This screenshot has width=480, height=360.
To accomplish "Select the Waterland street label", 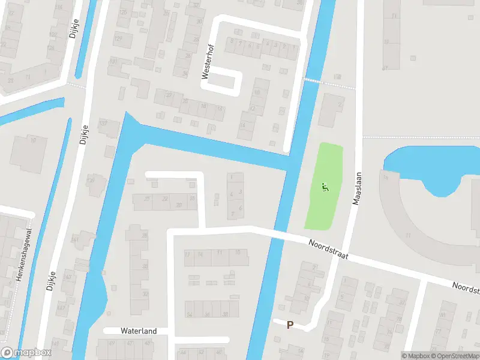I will [139, 331].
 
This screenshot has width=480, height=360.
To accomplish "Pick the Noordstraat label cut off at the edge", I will [466, 289].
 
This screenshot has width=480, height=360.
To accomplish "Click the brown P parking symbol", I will [290, 325].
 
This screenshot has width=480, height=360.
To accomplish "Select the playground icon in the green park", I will [325, 187].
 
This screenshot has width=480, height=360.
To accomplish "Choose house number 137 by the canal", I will [103, 124].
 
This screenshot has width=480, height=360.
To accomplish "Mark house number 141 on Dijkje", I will [75, 239].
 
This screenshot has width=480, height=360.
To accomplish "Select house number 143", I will [68, 277].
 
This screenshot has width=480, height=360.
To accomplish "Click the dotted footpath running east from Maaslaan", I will [420, 137].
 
